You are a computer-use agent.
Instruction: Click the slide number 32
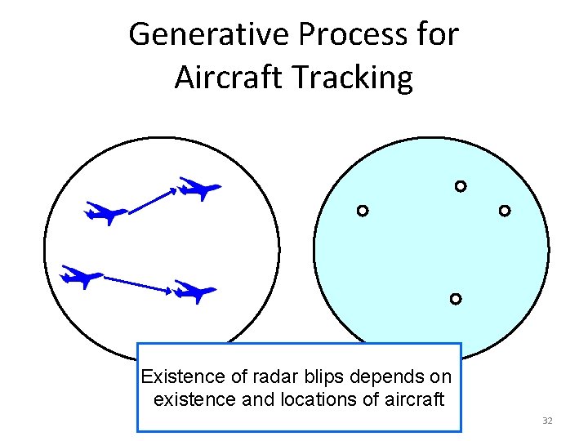(547, 421)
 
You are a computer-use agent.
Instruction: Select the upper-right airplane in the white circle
(199, 189)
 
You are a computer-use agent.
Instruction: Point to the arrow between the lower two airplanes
(137, 283)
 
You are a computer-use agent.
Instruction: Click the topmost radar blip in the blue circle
(461, 186)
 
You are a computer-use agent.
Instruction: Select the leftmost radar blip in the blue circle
(363, 211)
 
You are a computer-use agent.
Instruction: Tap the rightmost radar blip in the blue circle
(505, 211)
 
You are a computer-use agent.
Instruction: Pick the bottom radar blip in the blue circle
(456, 299)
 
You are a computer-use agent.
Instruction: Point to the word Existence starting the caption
(182, 377)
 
